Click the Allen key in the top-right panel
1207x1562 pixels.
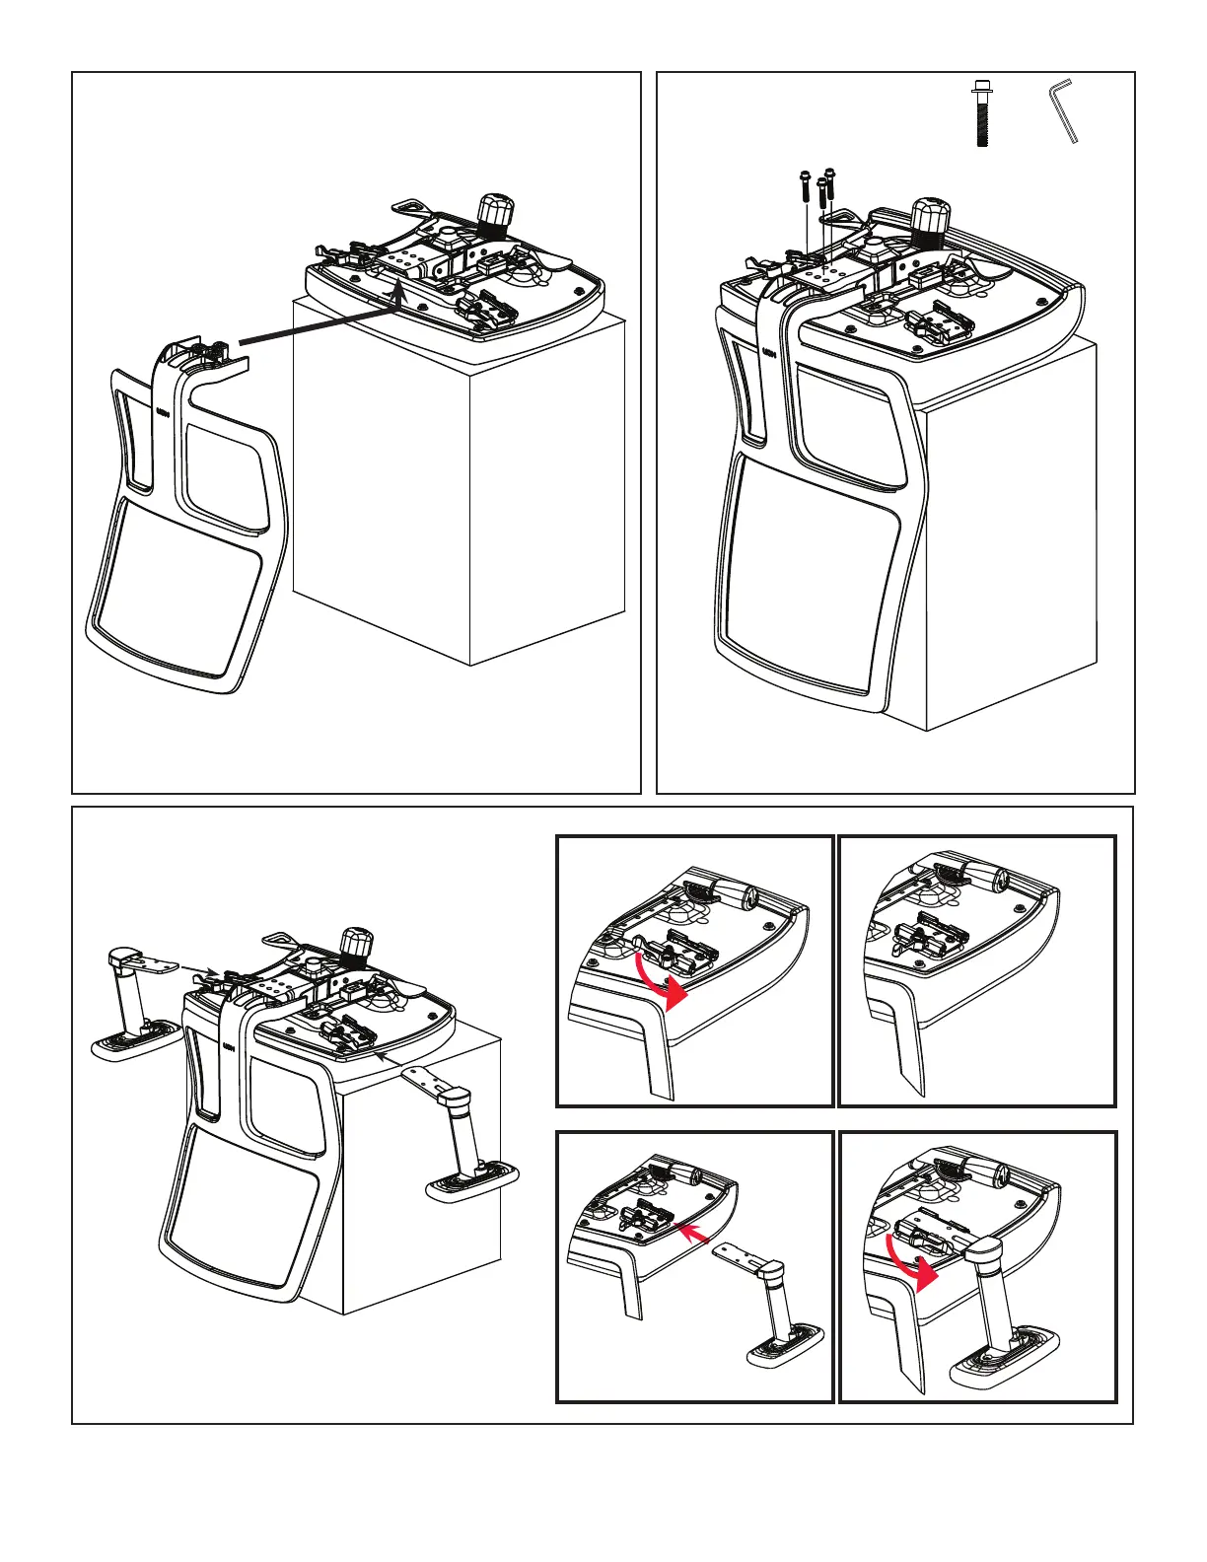pyautogui.click(x=1063, y=111)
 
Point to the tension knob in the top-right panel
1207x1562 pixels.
pyautogui.click(x=928, y=216)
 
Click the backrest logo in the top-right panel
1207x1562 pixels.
pyautogui.click(x=765, y=352)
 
